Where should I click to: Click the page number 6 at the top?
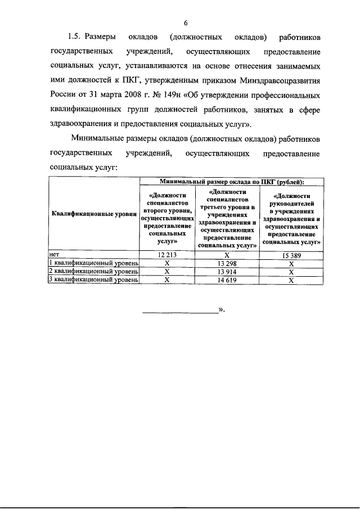pos(185,22)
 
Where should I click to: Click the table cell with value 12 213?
pos(166,255)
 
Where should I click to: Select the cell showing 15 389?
pos(291,255)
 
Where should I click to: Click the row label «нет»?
pos(55,255)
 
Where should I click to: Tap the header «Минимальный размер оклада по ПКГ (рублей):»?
pos(231,182)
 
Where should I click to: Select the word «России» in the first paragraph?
pos(64,95)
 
